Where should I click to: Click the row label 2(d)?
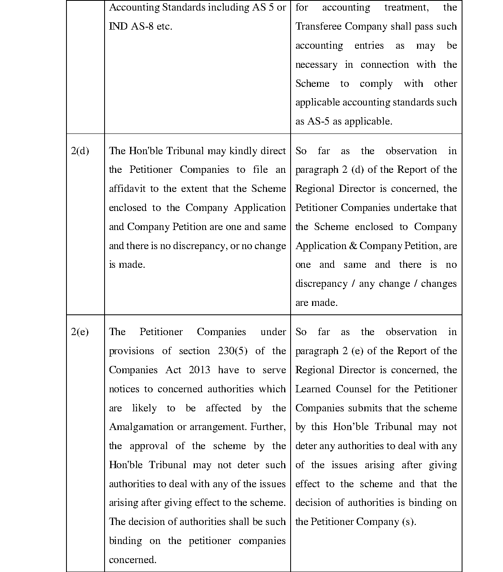tap(80, 151)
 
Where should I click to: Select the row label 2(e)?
tap(80, 332)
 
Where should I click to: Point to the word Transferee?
tap(319, 26)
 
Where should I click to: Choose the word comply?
tap(376, 84)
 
